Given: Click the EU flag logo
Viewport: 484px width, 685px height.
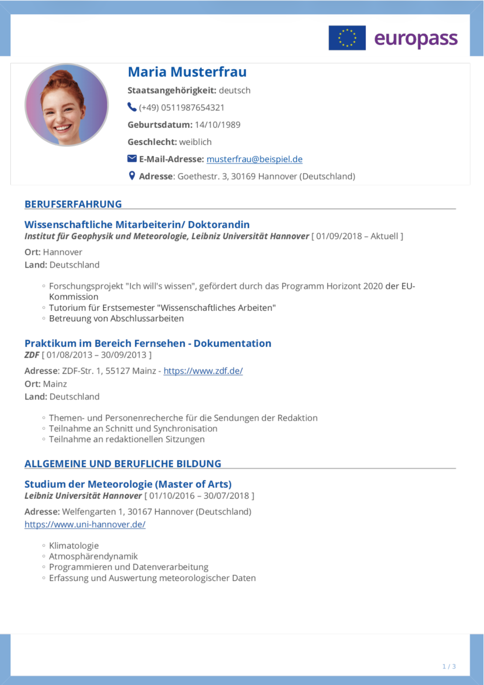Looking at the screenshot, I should coord(347,38).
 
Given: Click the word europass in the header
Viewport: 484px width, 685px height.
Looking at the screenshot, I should coord(416,39).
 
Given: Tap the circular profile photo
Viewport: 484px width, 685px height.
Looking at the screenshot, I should coord(67,105).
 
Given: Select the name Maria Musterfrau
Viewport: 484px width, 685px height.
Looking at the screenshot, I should coord(187,72).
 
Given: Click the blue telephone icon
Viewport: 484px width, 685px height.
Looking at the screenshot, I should coord(132,107).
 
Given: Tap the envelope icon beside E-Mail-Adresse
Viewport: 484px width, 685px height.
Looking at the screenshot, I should coord(132,159).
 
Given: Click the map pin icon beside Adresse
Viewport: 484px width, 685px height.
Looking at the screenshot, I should coord(132,176).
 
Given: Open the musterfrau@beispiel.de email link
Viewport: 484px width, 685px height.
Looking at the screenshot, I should coord(254,159).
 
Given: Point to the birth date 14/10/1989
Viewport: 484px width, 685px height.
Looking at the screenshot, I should coord(217,125).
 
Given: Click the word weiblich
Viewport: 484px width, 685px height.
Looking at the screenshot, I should coord(195,142).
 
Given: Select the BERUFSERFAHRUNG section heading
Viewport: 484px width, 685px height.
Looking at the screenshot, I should coord(73,204).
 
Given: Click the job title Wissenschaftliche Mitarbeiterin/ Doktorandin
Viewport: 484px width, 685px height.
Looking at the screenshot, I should coord(137,225).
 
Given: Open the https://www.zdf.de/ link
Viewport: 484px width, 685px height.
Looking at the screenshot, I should coord(203,371).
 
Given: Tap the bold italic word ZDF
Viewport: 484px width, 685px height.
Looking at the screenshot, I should coord(32,355).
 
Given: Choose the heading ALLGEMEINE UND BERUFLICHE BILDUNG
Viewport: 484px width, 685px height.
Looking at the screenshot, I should coord(123,464).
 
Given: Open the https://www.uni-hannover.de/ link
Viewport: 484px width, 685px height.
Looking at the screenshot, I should coord(85,524).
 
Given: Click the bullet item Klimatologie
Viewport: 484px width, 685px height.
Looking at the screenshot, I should coord(74,546).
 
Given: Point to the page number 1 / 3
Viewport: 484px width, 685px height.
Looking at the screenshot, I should coord(449,667).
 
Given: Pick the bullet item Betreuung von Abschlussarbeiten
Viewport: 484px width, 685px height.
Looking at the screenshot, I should coord(116,319).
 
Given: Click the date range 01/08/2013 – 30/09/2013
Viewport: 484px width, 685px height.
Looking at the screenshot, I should coord(97,355).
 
